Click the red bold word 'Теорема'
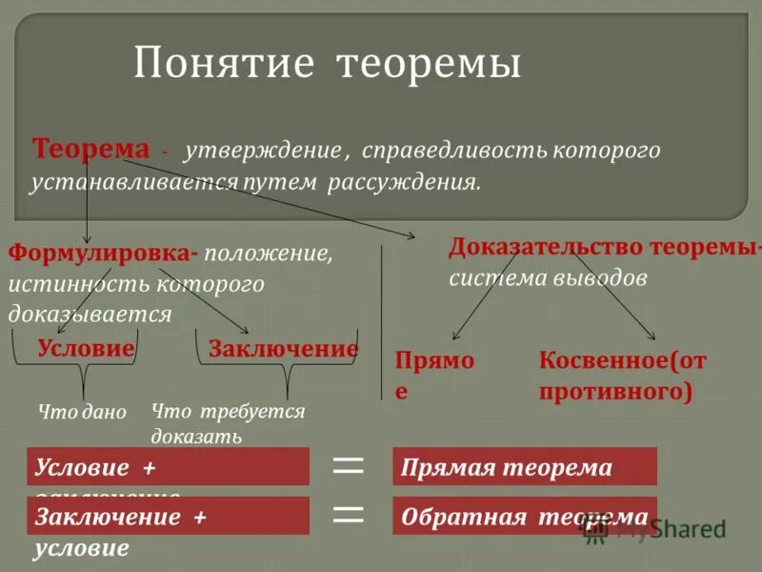coord(91,150)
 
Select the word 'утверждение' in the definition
coord(263,152)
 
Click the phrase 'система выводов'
coord(548,278)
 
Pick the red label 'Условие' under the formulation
coord(86,349)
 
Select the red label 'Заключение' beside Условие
coord(283,349)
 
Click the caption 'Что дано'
coord(82,412)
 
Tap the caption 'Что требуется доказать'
coord(227,423)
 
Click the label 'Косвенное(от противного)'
coord(622,375)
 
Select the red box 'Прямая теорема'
coord(524,467)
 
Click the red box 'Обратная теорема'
coord(524,517)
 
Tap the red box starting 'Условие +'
coord(168,467)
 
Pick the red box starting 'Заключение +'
coord(168,516)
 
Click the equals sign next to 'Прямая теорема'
coord(349,466)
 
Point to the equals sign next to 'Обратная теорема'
coord(349,516)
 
